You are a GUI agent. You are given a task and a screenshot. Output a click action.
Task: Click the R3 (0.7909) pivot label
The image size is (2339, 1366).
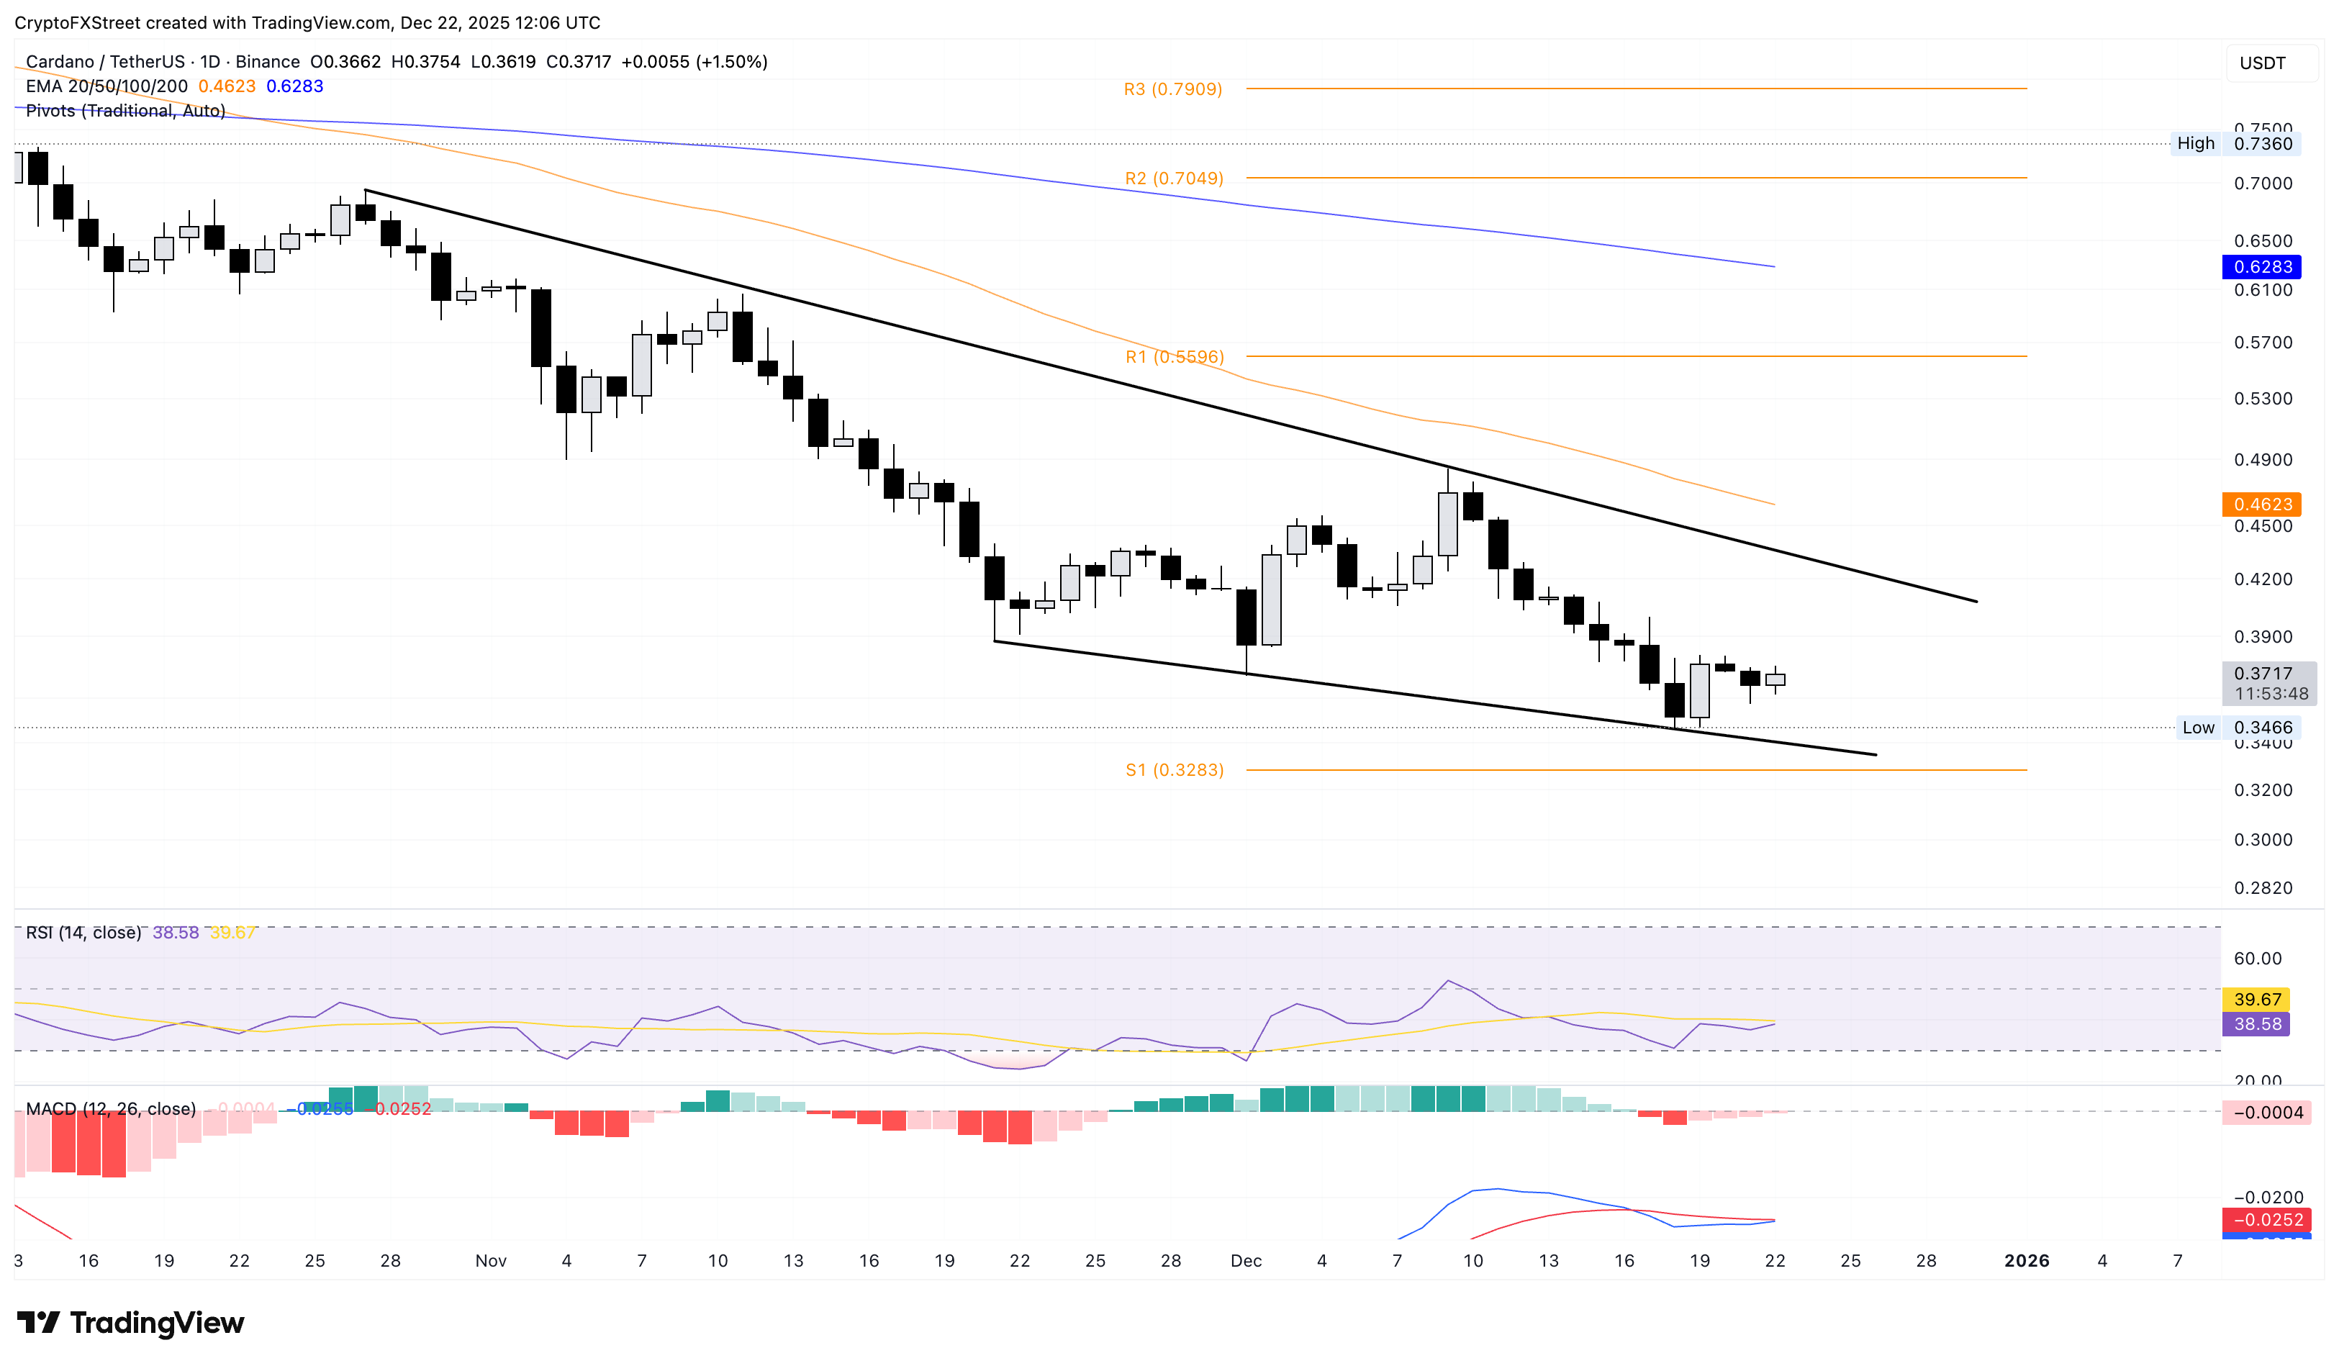coord(1172,89)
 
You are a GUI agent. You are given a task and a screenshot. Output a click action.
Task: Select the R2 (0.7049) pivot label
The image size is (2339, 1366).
coord(1173,178)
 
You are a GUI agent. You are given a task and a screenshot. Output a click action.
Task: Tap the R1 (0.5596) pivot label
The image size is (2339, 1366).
coord(1174,356)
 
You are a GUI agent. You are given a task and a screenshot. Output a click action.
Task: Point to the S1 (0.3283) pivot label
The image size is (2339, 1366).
coord(1174,769)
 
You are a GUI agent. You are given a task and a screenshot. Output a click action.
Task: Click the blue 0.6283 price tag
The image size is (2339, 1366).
coord(2261,266)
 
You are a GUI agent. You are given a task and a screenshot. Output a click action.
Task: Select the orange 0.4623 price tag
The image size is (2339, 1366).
coord(2261,504)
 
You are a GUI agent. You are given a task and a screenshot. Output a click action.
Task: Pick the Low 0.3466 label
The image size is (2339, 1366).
coord(2235,728)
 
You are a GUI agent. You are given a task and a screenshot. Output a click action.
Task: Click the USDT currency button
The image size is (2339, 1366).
coord(2262,63)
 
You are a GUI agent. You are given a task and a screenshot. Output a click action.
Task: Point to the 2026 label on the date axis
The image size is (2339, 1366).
coord(2026,1260)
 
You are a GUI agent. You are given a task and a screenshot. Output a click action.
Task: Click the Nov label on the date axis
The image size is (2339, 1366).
coord(490,1260)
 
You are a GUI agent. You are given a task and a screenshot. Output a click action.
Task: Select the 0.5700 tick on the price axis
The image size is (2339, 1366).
coord(2262,343)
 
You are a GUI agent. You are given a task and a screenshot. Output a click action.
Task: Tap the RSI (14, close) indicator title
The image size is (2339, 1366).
coord(83,932)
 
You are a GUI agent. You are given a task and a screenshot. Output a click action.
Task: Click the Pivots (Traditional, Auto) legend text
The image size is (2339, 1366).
coord(125,110)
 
